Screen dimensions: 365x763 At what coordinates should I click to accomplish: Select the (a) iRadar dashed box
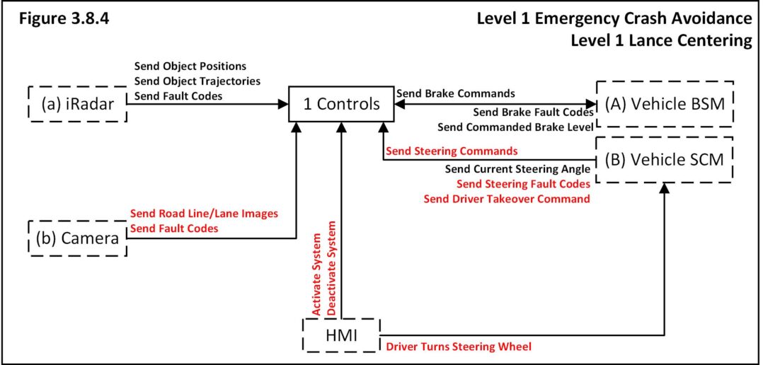[x=76, y=105]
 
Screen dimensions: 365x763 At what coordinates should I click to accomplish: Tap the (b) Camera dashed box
[x=76, y=238]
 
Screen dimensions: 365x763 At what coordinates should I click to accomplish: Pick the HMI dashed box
[x=340, y=335]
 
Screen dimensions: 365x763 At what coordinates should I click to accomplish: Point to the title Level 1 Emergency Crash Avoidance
[x=615, y=18]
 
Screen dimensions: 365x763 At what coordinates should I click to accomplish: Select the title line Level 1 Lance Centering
[x=661, y=40]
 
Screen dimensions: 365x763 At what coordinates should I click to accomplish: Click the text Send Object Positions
[x=190, y=68]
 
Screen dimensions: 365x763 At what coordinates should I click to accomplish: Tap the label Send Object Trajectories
[x=197, y=81]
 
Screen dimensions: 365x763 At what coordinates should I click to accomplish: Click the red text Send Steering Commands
[x=451, y=151]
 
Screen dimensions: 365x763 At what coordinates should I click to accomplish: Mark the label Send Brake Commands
[x=455, y=93]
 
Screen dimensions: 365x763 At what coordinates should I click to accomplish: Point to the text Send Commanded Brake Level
[x=515, y=127]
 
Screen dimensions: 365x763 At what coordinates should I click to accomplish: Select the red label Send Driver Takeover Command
[x=507, y=199]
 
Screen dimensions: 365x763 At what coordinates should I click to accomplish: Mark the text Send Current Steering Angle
[x=517, y=169]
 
